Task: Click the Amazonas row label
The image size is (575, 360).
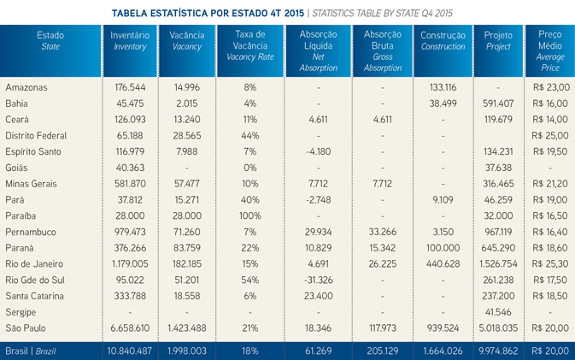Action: click(27, 87)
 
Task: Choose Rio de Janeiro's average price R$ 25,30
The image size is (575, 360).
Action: click(549, 263)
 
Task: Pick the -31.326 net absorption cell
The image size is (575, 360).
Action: click(318, 280)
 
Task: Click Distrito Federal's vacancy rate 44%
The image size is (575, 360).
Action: click(249, 135)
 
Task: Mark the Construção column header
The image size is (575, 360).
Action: click(443, 41)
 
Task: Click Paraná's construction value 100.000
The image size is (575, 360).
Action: click(443, 247)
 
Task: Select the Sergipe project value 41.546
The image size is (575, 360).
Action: click(498, 311)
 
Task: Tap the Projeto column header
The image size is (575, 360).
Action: click(498, 41)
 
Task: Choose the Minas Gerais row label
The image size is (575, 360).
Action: click(33, 183)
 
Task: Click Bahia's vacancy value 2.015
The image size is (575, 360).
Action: click(186, 103)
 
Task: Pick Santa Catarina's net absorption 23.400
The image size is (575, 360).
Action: click(318, 295)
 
